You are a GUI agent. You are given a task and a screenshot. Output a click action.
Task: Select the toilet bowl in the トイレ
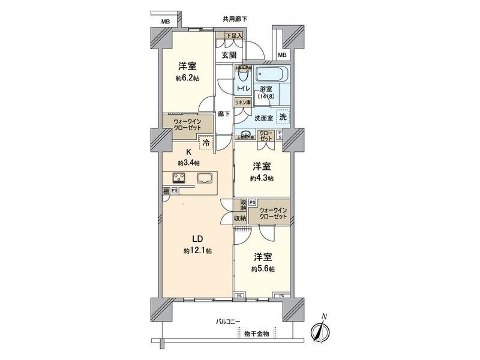242,75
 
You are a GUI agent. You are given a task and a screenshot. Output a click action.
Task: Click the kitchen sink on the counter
203,177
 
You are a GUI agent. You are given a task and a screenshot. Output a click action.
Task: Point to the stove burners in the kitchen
180,177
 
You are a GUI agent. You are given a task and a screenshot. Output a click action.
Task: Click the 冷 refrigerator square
206,143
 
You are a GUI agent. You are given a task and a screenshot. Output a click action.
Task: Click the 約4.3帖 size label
263,178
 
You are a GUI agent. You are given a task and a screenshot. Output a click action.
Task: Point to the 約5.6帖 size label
263,269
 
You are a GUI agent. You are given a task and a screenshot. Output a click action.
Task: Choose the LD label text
197,238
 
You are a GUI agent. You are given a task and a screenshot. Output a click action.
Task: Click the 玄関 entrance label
229,55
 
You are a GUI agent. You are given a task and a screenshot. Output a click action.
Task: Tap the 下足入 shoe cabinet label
233,37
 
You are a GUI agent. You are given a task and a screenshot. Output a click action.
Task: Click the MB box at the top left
165,22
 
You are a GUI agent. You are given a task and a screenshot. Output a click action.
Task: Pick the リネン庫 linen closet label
242,103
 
